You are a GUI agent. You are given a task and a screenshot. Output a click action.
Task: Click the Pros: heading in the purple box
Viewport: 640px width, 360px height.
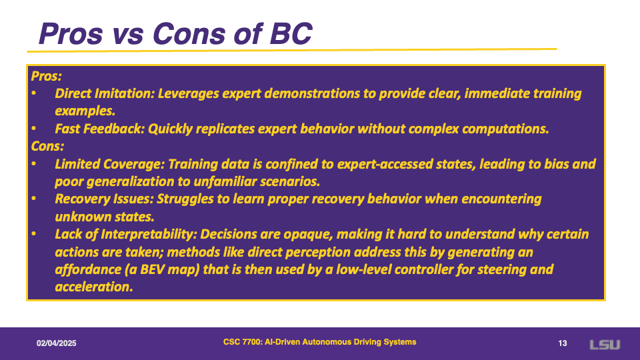(x=47, y=76)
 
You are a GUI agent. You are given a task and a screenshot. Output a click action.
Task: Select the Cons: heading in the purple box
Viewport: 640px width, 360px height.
(x=47, y=146)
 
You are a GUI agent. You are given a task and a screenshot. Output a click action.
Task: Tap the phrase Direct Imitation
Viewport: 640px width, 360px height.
(x=105, y=93)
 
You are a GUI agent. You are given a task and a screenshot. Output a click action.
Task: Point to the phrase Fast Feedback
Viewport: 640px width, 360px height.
(x=99, y=129)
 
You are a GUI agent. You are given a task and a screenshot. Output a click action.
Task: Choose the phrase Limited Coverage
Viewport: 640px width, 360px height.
(x=109, y=164)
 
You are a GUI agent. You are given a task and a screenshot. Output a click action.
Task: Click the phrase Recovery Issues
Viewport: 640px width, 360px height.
(x=104, y=199)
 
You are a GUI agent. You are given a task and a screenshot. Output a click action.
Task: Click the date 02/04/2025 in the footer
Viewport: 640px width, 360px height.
(x=56, y=343)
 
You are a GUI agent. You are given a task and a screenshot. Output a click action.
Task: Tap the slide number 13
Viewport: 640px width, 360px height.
(x=563, y=343)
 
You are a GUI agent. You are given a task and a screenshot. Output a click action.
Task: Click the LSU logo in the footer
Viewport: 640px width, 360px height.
(x=605, y=345)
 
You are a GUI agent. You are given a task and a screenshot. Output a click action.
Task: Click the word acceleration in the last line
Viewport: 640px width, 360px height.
(x=94, y=287)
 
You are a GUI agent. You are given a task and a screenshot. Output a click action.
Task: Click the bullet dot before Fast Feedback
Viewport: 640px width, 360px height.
(x=34, y=129)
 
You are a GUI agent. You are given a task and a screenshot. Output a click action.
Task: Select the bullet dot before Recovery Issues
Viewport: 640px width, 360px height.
(x=34, y=199)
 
